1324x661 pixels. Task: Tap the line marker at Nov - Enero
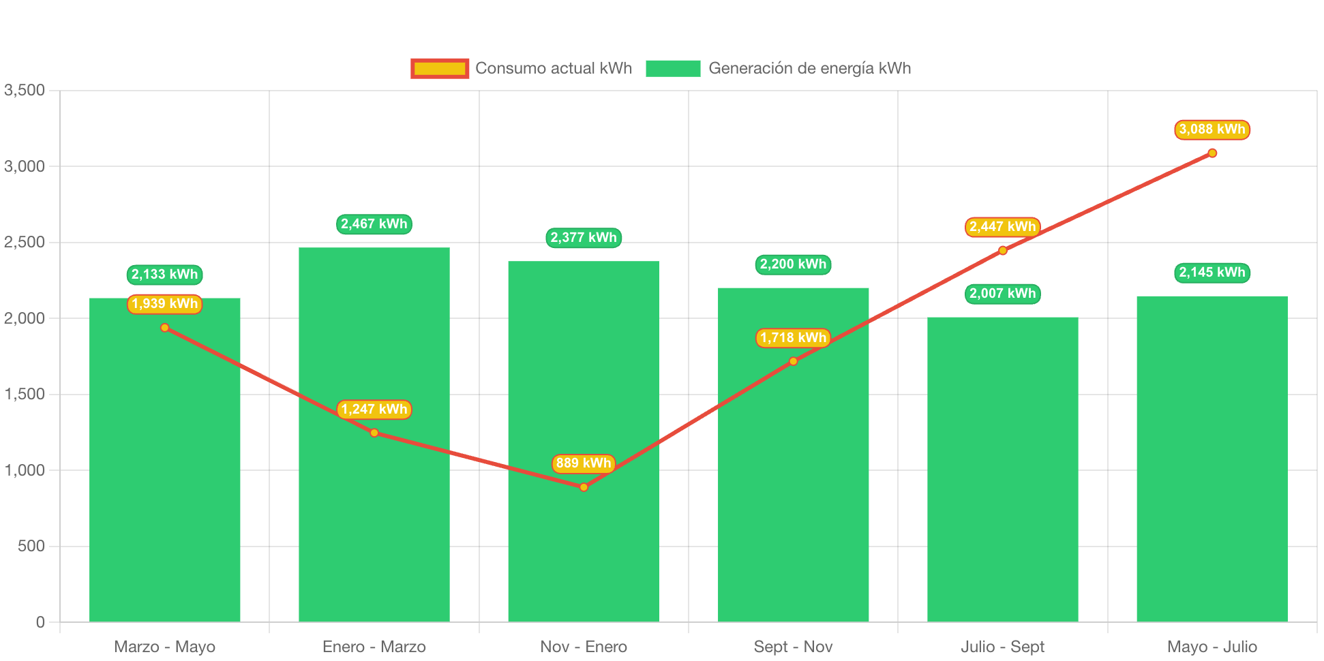tap(584, 487)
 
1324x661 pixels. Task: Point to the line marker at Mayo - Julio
tap(1212, 153)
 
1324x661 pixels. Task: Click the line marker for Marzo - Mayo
tap(165, 328)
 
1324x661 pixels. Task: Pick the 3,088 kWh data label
tap(1212, 129)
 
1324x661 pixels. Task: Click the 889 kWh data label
tap(584, 463)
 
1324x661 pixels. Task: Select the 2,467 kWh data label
tap(374, 224)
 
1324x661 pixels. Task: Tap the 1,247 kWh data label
tap(374, 410)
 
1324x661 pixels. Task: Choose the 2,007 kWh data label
tap(1003, 294)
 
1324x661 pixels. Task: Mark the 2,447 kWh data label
tap(1003, 227)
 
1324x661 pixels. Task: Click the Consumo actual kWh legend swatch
tap(440, 68)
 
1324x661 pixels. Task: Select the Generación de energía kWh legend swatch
tap(673, 68)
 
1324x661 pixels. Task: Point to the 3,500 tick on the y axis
tap(25, 90)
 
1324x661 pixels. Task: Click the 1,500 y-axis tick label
tap(25, 394)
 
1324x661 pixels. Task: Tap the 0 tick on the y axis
tap(40, 621)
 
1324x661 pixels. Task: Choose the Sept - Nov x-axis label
tap(793, 647)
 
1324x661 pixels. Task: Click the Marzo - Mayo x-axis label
tap(165, 647)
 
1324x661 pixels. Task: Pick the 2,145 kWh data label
tap(1212, 273)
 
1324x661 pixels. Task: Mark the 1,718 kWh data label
tap(793, 338)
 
